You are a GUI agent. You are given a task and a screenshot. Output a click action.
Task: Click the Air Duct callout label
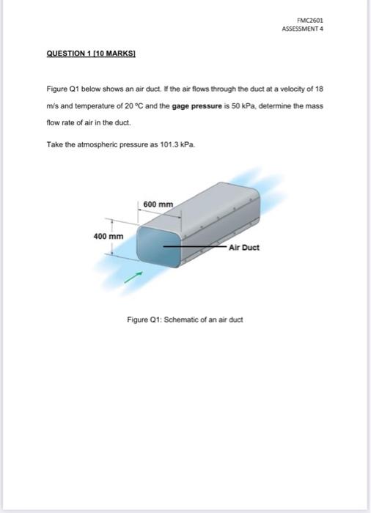tap(244, 248)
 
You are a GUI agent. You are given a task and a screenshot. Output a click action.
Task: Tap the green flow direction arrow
tap(133, 277)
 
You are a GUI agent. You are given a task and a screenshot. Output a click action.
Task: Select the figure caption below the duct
tap(185, 320)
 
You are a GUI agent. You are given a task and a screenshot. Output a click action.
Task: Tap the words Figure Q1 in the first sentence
tap(61, 88)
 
